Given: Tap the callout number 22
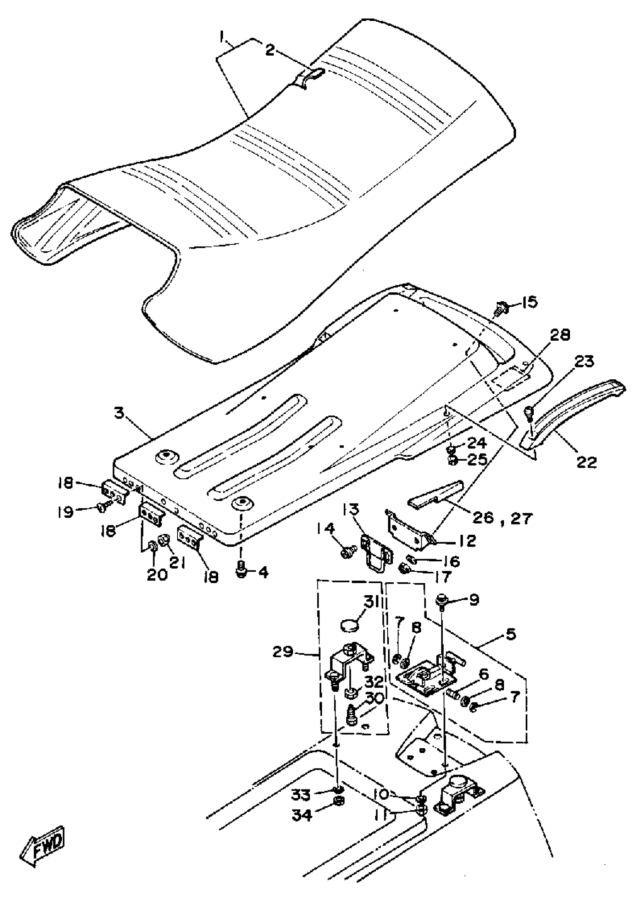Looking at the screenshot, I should click(587, 462).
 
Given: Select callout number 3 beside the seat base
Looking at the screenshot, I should click(119, 413).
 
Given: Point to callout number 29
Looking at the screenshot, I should click(283, 652).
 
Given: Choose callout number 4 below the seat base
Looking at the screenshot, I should click(262, 572).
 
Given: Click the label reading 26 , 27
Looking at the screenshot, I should click(503, 518).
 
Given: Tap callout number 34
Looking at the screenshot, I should click(302, 815).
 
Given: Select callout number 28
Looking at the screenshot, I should click(560, 335).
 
